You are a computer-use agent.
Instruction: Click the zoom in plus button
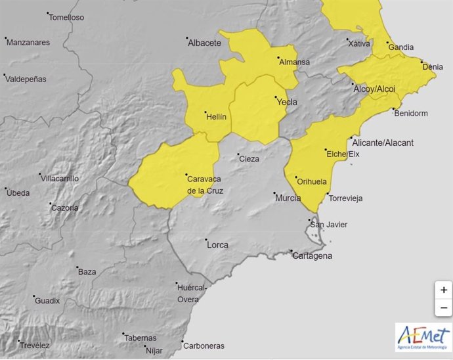click(444, 290)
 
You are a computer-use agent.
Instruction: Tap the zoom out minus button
click(444, 307)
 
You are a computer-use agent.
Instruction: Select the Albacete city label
click(204, 43)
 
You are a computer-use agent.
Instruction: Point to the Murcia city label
click(288, 198)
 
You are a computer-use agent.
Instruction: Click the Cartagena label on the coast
click(313, 256)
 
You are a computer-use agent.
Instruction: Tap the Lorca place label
click(217, 245)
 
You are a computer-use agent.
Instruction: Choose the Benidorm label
click(411, 114)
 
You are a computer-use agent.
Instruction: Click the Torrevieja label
click(346, 198)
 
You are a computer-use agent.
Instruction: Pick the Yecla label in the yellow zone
click(287, 102)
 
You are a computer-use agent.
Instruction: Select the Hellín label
click(216, 116)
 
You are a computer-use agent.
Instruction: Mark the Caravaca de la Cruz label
click(205, 185)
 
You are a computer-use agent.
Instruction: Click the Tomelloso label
click(66, 18)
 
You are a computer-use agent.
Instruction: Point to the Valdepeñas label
click(26, 78)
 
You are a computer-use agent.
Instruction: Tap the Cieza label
click(249, 159)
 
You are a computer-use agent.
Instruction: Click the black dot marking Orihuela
click(296, 176)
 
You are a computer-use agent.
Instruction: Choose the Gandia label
click(401, 47)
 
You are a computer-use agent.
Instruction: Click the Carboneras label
click(204, 346)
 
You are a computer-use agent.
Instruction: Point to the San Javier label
click(329, 225)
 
